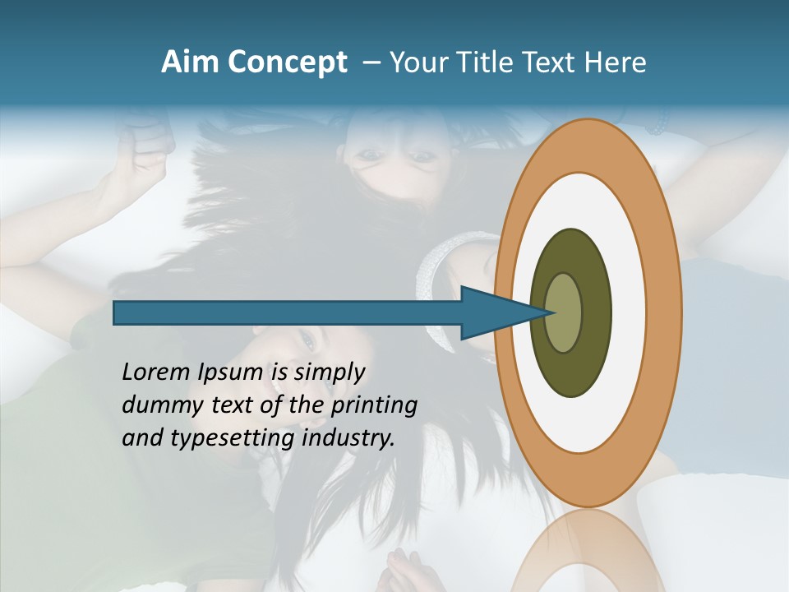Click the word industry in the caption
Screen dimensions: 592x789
point(348,438)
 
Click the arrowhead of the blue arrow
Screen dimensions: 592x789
point(501,313)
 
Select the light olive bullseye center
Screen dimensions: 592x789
point(564,313)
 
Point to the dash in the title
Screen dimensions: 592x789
point(371,62)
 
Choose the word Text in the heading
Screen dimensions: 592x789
point(551,62)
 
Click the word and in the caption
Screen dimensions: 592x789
point(142,438)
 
